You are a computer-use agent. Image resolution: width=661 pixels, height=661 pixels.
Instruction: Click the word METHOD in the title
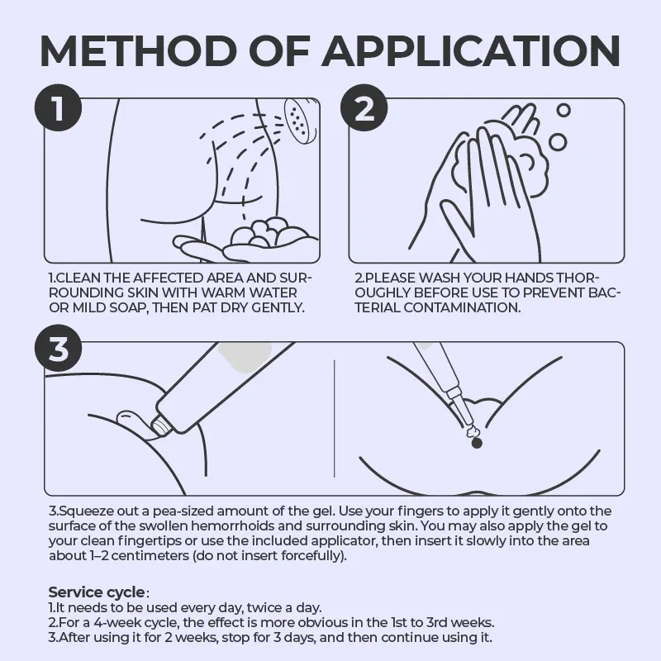click(x=138, y=51)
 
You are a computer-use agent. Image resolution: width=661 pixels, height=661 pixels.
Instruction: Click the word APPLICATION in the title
click(x=471, y=51)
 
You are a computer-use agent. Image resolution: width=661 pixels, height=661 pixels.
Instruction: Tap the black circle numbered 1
click(x=58, y=107)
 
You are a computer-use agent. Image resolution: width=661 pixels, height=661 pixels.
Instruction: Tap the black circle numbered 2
click(x=364, y=107)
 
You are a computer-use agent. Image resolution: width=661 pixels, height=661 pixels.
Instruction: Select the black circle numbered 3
click(x=58, y=348)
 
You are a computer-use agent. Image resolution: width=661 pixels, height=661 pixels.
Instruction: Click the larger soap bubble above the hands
click(x=559, y=142)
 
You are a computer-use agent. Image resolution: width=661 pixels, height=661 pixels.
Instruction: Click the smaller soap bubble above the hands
click(x=564, y=111)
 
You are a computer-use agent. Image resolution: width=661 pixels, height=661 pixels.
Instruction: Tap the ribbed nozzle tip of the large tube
click(x=162, y=424)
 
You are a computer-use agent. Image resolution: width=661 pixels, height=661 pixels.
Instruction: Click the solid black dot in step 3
click(x=477, y=444)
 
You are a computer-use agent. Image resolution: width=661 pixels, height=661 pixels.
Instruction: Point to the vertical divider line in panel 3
click(x=335, y=419)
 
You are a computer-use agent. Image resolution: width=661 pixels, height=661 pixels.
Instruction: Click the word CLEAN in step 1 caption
click(x=78, y=278)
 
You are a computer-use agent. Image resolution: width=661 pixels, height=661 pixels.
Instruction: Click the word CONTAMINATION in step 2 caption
click(x=462, y=307)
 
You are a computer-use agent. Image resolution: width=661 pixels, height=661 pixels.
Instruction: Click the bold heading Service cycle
click(x=97, y=592)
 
